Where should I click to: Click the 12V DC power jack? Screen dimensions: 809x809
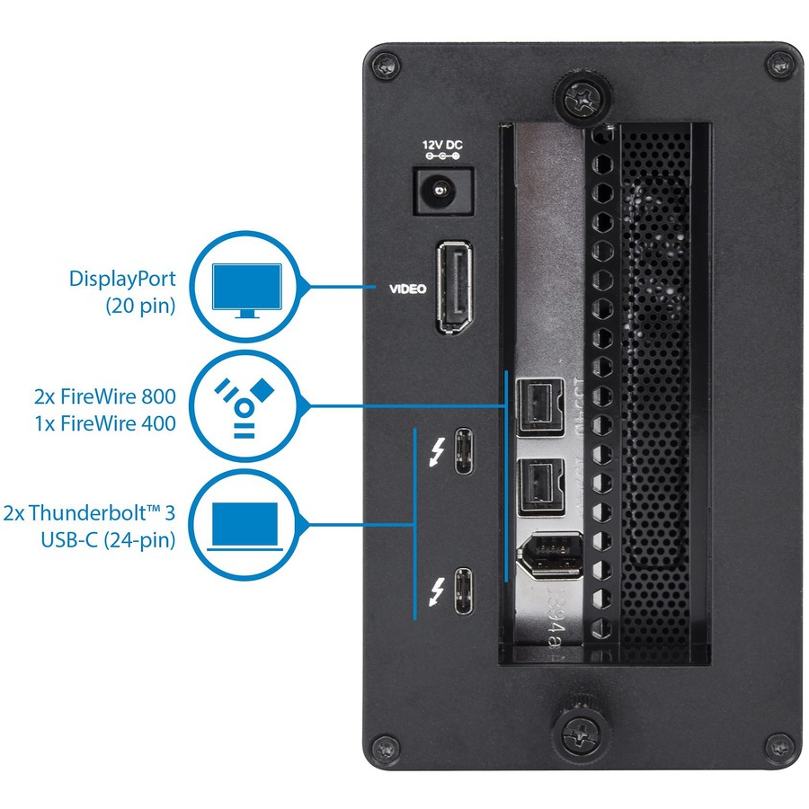pyautogui.click(x=440, y=190)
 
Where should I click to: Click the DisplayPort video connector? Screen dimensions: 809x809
pyautogui.click(x=457, y=289)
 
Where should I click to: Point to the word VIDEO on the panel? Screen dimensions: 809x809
pyautogui.click(x=407, y=289)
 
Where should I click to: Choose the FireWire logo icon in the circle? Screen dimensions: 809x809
pyautogui.click(x=244, y=406)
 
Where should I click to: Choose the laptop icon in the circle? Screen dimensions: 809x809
pyautogui.click(x=244, y=525)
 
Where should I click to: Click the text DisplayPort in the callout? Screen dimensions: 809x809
pyautogui.click(x=121, y=279)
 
